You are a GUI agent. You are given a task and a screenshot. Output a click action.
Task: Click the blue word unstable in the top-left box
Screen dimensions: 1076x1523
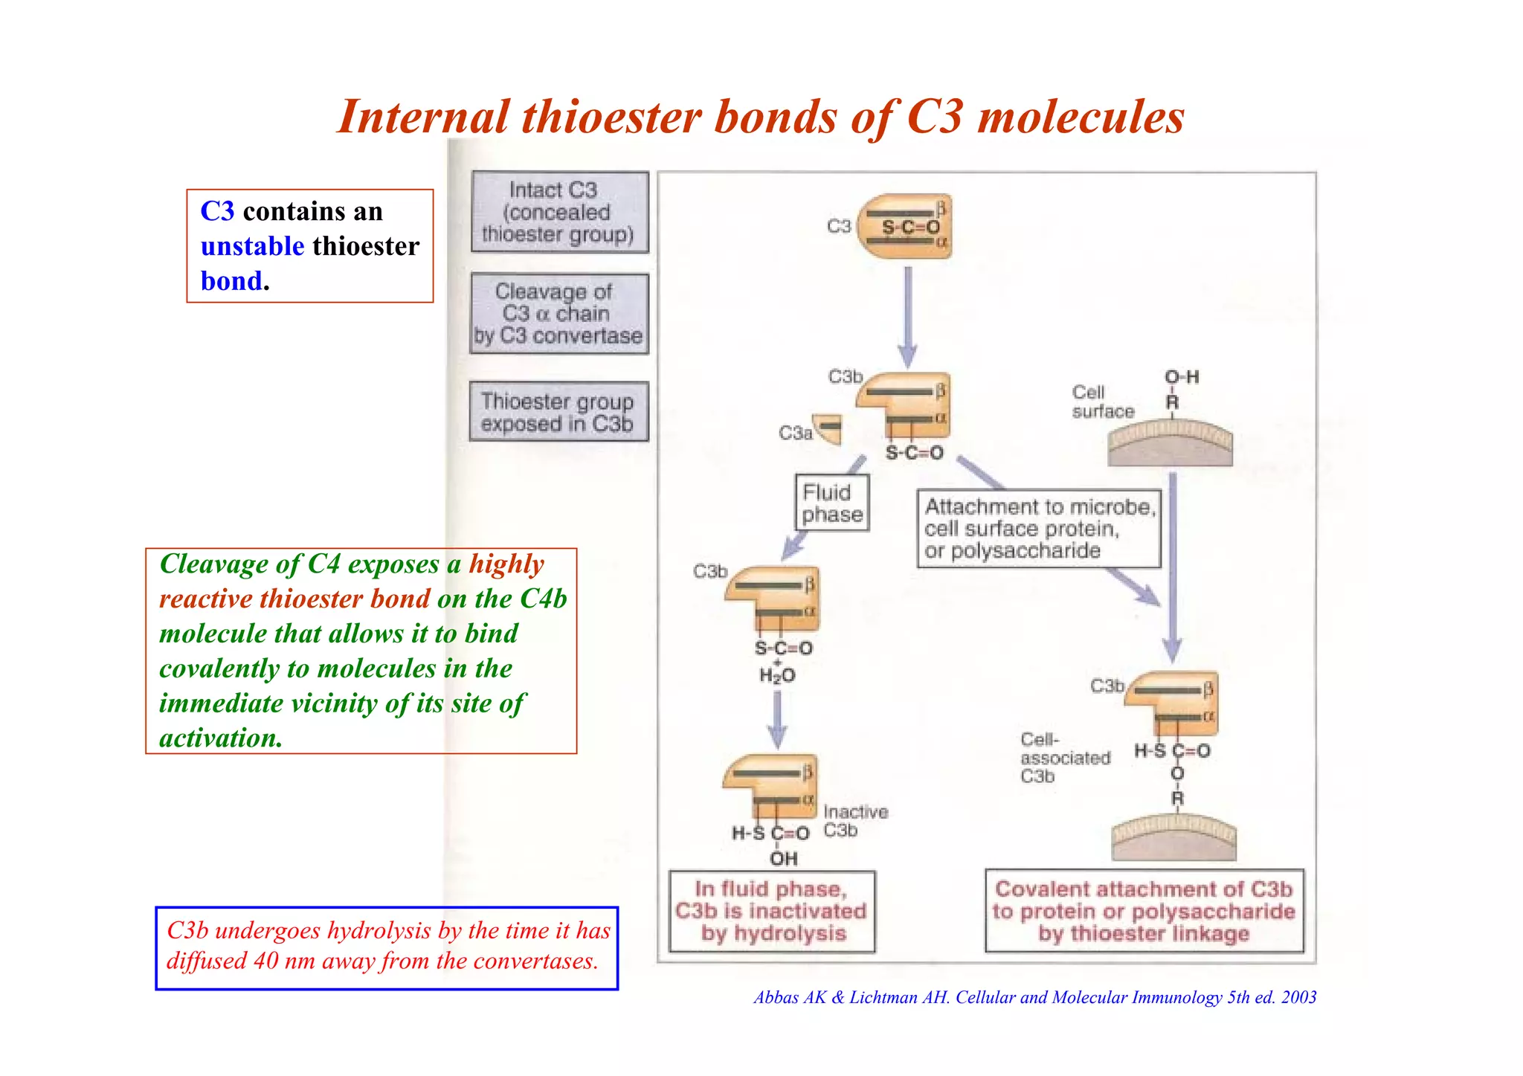[252, 246]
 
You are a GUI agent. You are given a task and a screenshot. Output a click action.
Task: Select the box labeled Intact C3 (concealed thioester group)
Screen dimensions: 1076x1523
[559, 213]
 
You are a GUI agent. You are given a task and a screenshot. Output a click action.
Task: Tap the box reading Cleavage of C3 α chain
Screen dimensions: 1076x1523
[559, 314]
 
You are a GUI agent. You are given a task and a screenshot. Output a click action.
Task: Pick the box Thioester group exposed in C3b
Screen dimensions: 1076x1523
[558, 412]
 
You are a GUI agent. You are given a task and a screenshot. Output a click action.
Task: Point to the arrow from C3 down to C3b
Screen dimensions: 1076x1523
[907, 316]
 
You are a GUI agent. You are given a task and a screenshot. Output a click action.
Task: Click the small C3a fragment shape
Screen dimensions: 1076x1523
[828, 428]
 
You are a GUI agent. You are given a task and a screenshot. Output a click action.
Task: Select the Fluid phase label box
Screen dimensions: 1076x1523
[831, 503]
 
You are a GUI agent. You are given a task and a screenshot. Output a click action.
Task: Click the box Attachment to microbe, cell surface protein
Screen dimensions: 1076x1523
[1038, 529]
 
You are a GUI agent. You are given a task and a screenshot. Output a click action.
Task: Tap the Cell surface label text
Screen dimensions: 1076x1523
[1102, 402]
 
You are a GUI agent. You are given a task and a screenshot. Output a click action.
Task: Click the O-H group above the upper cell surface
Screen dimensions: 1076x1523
[1181, 377]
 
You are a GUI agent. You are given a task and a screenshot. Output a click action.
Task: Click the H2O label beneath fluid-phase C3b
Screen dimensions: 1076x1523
[776, 675]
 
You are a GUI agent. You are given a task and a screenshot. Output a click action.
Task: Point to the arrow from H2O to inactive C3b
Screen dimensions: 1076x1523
[777, 719]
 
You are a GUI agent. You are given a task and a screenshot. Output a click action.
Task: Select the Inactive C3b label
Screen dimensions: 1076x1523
[854, 821]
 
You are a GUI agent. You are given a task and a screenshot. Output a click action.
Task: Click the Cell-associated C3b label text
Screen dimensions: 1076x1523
[1063, 758]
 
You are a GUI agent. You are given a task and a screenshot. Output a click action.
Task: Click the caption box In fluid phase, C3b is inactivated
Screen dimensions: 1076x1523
[772, 912]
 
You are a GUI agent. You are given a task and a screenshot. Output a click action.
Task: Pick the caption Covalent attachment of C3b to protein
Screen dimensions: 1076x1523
[1144, 911]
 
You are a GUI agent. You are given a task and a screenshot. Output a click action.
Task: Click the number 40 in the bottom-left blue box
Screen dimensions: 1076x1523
[265, 961]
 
